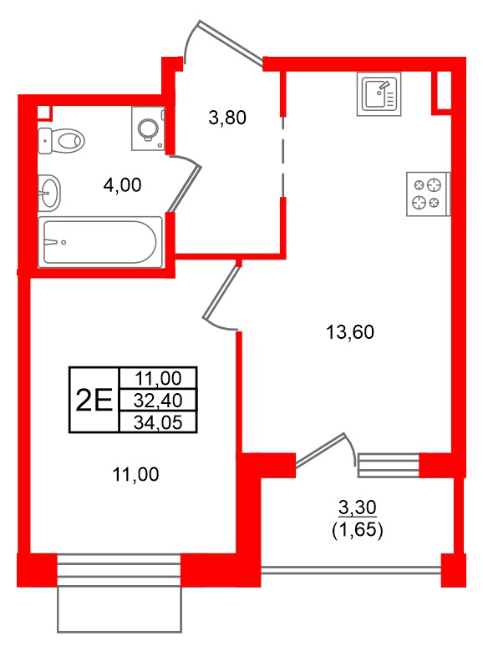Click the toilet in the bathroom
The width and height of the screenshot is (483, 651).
[61, 141]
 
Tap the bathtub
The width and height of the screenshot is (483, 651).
[100, 242]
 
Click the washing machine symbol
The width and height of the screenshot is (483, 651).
[149, 129]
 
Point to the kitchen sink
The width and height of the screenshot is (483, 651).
[379, 93]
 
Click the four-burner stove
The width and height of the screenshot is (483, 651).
[428, 194]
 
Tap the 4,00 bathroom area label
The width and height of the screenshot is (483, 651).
[122, 185]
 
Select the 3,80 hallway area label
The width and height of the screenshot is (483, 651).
[227, 118]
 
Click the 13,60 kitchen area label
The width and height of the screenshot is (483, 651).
[350, 332]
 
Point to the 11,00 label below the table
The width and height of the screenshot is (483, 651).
[135, 474]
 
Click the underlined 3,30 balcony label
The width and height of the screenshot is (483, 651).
[358, 507]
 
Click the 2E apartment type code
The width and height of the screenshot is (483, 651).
[94, 401]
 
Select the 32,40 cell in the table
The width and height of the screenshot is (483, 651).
[158, 401]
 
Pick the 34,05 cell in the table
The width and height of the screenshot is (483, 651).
[158, 422]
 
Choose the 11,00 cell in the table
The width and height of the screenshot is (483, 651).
[158, 378]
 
